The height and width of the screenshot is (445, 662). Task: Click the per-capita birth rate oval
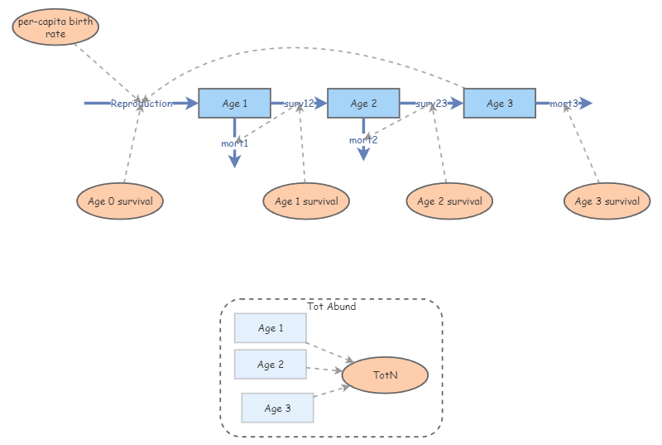(x=55, y=27)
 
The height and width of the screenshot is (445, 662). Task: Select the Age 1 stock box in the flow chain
(x=234, y=104)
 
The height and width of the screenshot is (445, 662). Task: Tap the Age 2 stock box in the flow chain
(x=363, y=104)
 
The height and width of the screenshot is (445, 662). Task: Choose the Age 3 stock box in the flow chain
(x=499, y=104)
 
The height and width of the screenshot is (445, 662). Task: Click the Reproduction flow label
(x=142, y=104)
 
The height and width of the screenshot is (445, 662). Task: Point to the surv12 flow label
(x=299, y=104)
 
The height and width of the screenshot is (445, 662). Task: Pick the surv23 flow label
(x=431, y=104)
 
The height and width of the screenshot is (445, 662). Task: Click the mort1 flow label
(x=234, y=143)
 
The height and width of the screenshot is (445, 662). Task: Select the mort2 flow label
(x=363, y=140)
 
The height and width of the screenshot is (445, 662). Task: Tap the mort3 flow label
(x=564, y=104)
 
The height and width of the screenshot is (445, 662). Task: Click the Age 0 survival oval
(x=120, y=201)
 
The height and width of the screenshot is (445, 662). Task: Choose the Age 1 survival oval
(x=306, y=201)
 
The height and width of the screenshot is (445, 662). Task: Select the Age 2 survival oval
(x=449, y=201)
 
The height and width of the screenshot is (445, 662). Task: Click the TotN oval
(x=385, y=375)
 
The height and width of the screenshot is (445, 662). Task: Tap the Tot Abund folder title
(x=331, y=307)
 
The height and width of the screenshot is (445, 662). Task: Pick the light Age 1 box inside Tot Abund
(x=270, y=328)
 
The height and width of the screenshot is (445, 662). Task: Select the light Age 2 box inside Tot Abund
(x=270, y=365)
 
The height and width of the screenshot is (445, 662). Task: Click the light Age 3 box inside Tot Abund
(x=277, y=408)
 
